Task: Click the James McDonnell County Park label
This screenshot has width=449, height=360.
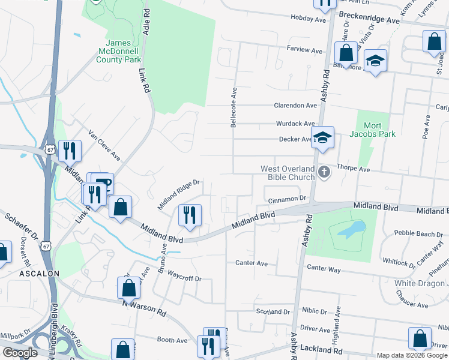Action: point(123,51)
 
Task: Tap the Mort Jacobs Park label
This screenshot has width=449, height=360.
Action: point(376,130)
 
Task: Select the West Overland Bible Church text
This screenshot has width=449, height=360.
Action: point(288,173)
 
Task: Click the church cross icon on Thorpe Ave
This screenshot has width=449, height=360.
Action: point(324,173)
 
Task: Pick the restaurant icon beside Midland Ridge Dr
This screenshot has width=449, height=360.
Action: point(190,215)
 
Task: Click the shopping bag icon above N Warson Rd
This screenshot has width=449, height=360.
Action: point(129,289)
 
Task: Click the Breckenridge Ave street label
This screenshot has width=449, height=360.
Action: point(369,20)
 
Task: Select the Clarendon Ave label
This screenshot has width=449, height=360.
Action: point(295,106)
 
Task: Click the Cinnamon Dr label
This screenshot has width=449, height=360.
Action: point(288,198)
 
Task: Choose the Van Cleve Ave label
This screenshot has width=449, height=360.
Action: point(104,145)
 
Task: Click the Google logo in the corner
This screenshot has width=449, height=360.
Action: point(20,353)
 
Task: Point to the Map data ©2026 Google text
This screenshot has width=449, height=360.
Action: point(412,355)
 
